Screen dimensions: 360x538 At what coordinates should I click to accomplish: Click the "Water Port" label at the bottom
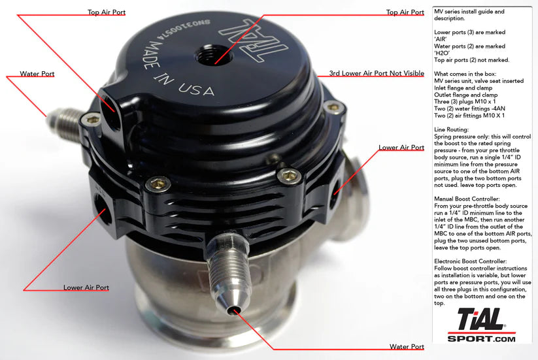[407, 346]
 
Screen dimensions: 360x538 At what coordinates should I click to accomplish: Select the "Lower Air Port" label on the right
[401, 148]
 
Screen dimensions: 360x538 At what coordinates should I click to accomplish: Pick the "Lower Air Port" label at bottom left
[86, 287]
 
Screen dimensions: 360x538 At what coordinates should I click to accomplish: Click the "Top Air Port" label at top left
[107, 12]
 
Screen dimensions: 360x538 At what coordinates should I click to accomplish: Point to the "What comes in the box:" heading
[464, 74]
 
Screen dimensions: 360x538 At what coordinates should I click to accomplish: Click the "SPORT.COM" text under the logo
[481, 338]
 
